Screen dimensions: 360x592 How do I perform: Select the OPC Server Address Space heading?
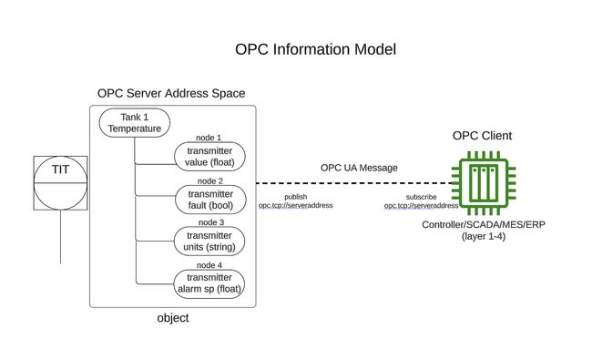coord(171,94)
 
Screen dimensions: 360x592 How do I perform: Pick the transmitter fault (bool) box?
coord(209,199)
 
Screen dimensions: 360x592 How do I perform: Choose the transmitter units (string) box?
coord(209,241)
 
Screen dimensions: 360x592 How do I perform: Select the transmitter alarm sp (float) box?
coord(209,283)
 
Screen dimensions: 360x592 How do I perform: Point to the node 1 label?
coord(209,138)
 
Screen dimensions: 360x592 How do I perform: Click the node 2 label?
coord(209,180)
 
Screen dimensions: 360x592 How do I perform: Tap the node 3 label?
coord(209,222)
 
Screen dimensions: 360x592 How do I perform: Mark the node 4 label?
coord(209,265)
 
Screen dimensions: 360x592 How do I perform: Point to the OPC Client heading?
coord(482,136)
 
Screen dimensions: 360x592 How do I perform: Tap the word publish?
coord(295,197)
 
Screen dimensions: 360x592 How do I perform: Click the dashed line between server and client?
coord(355,182)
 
